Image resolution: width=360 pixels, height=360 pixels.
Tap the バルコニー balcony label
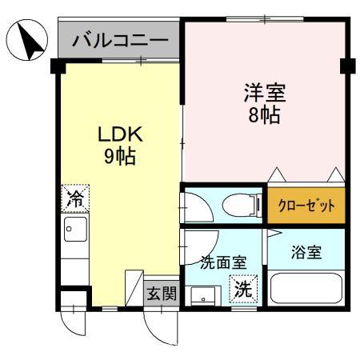120,40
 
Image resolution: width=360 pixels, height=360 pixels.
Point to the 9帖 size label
118,156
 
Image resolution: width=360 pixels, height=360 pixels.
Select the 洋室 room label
263,93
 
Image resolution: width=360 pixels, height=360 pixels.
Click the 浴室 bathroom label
306,253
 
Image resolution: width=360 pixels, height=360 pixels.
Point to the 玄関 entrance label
162,294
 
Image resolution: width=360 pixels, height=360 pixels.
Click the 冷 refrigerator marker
75,198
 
